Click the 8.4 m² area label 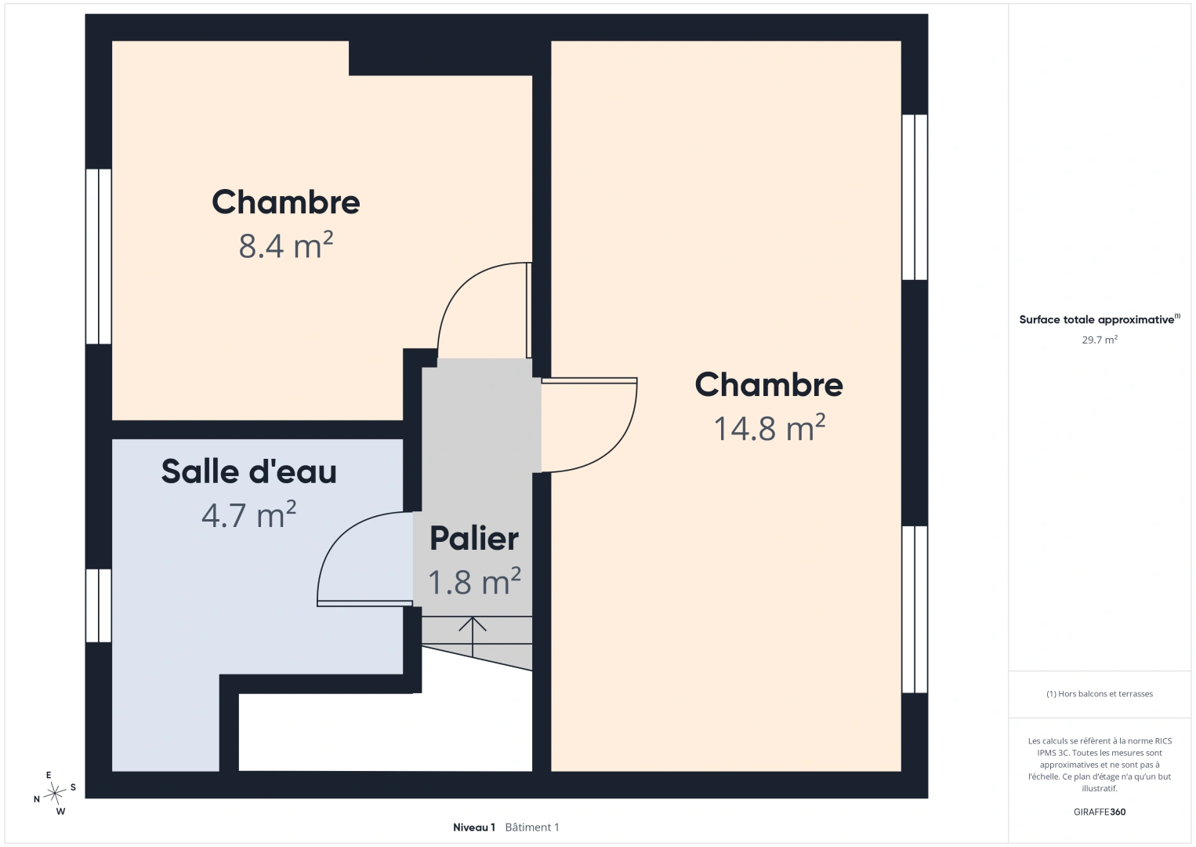(285, 245)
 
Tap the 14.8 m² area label (770, 428)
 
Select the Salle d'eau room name (248, 471)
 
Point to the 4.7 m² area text (248, 514)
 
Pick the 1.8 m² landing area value (474, 581)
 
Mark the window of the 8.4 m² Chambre (99, 256)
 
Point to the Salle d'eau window (99, 605)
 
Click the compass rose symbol (54, 793)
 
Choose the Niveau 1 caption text (474, 827)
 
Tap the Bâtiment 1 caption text (532, 827)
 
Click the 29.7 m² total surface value (1100, 340)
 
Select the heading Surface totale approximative (1096, 319)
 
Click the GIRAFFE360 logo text (1100, 812)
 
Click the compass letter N (37, 799)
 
